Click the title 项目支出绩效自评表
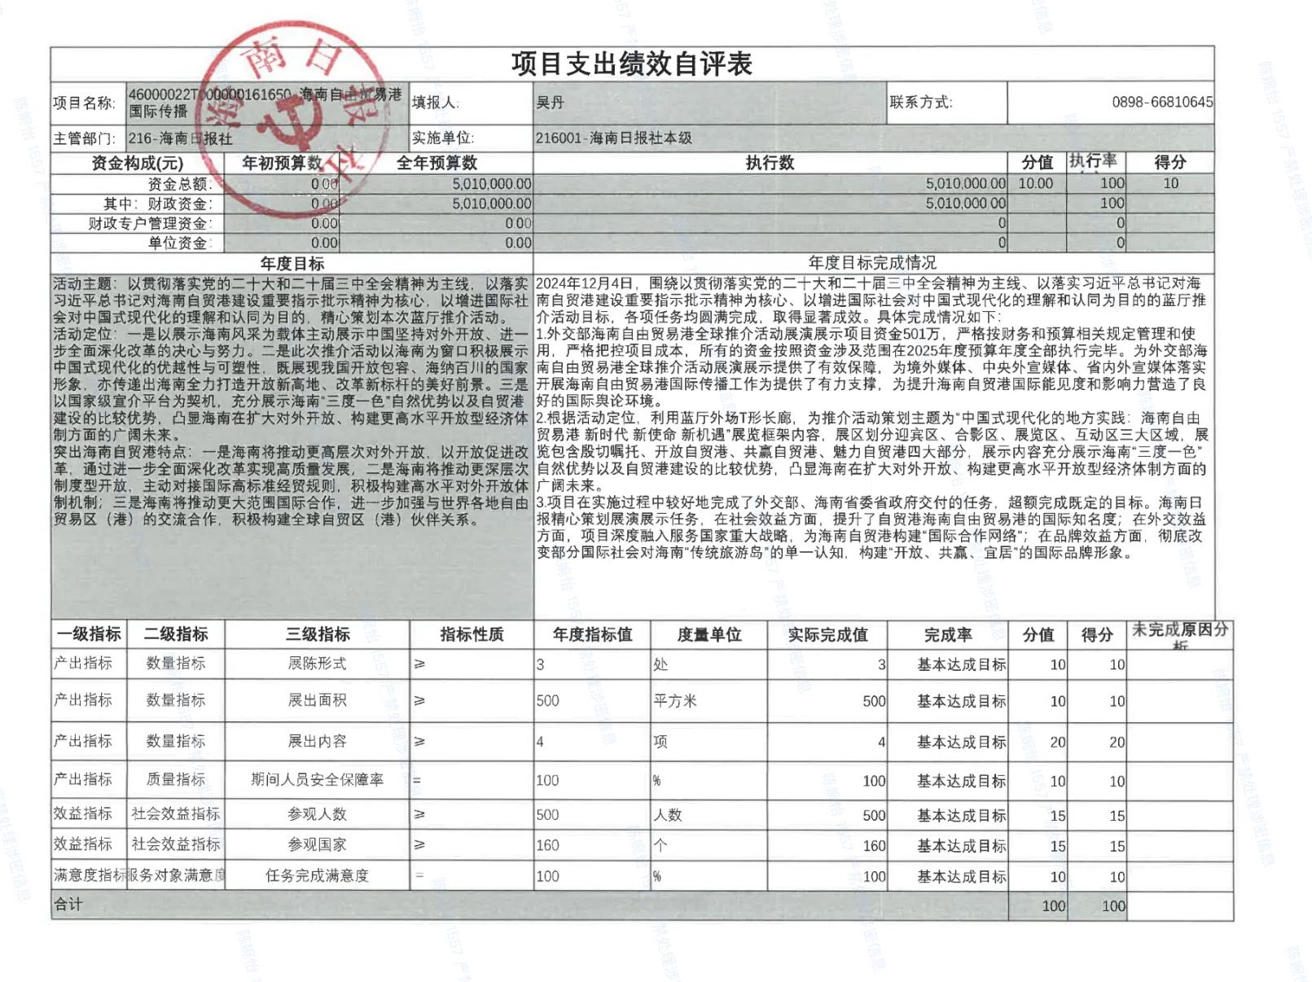[x=631, y=64]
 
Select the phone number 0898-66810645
[x=1161, y=102]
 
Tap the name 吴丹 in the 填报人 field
[x=550, y=103]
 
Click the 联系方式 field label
[x=920, y=102]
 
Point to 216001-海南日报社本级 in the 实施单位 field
[x=613, y=138]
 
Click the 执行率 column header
[x=1093, y=161]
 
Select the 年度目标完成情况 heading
[x=871, y=262]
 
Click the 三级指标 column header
[x=318, y=633]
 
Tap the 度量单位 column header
[x=709, y=634]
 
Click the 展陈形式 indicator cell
[x=318, y=663]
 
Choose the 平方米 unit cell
[x=675, y=700]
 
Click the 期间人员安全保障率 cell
[x=318, y=779]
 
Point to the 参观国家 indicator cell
[x=318, y=844]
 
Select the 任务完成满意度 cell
[x=318, y=875]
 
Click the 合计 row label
[x=68, y=904]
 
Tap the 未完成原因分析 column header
[x=1179, y=633]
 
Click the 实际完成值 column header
[x=827, y=634]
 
